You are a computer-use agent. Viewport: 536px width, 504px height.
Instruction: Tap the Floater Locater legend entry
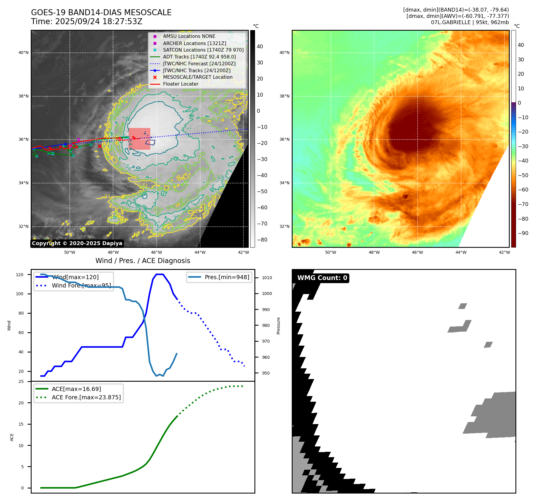tap(180, 84)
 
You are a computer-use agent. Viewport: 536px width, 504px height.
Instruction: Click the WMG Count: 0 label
tap(322, 278)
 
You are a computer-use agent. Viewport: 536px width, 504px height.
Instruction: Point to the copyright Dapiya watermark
tap(77, 243)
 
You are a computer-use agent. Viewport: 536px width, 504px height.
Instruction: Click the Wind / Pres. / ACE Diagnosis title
tap(143, 261)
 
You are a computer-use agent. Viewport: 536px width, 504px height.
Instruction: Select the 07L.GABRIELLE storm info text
tap(470, 22)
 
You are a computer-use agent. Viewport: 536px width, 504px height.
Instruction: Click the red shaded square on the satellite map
tap(139, 139)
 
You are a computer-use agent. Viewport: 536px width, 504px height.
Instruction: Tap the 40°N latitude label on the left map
tap(24, 53)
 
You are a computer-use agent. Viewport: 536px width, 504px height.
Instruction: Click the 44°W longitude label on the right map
tap(461, 252)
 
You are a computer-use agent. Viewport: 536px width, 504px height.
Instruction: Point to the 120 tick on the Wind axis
tap(20, 275)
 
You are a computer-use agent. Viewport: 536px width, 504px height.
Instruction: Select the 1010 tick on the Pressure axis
tap(267, 278)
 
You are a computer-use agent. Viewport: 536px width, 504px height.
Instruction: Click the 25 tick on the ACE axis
tap(21, 381)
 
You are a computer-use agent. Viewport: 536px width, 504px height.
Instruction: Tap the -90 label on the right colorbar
tap(523, 233)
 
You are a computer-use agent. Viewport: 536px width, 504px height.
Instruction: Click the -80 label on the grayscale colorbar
tap(262, 240)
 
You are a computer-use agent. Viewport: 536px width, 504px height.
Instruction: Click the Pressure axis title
tap(279, 326)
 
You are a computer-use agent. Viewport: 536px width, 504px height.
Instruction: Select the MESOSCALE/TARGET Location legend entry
tap(197, 77)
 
